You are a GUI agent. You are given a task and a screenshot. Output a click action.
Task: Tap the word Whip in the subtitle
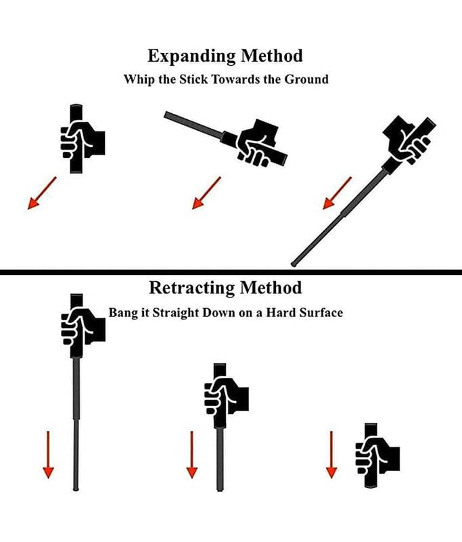coord(137,79)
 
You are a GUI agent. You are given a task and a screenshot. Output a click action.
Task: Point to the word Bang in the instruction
coord(124,313)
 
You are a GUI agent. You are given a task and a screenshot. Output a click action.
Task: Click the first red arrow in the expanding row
coord(42,192)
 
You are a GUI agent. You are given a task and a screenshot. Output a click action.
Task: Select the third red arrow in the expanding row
coord(337,192)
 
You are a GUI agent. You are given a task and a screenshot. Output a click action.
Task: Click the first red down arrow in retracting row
coord(47,453)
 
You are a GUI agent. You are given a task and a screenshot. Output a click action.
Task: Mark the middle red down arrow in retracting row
coord(191,453)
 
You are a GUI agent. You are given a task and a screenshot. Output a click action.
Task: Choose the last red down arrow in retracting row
coord(331,453)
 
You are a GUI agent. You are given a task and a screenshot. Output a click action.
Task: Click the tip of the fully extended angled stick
coord(294,263)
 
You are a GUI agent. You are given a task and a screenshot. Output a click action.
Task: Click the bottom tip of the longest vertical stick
coord(77,487)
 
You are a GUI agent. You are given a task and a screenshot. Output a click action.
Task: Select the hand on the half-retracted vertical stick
coord(224,396)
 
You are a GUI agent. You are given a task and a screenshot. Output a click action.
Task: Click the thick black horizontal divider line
coord(231,272)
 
